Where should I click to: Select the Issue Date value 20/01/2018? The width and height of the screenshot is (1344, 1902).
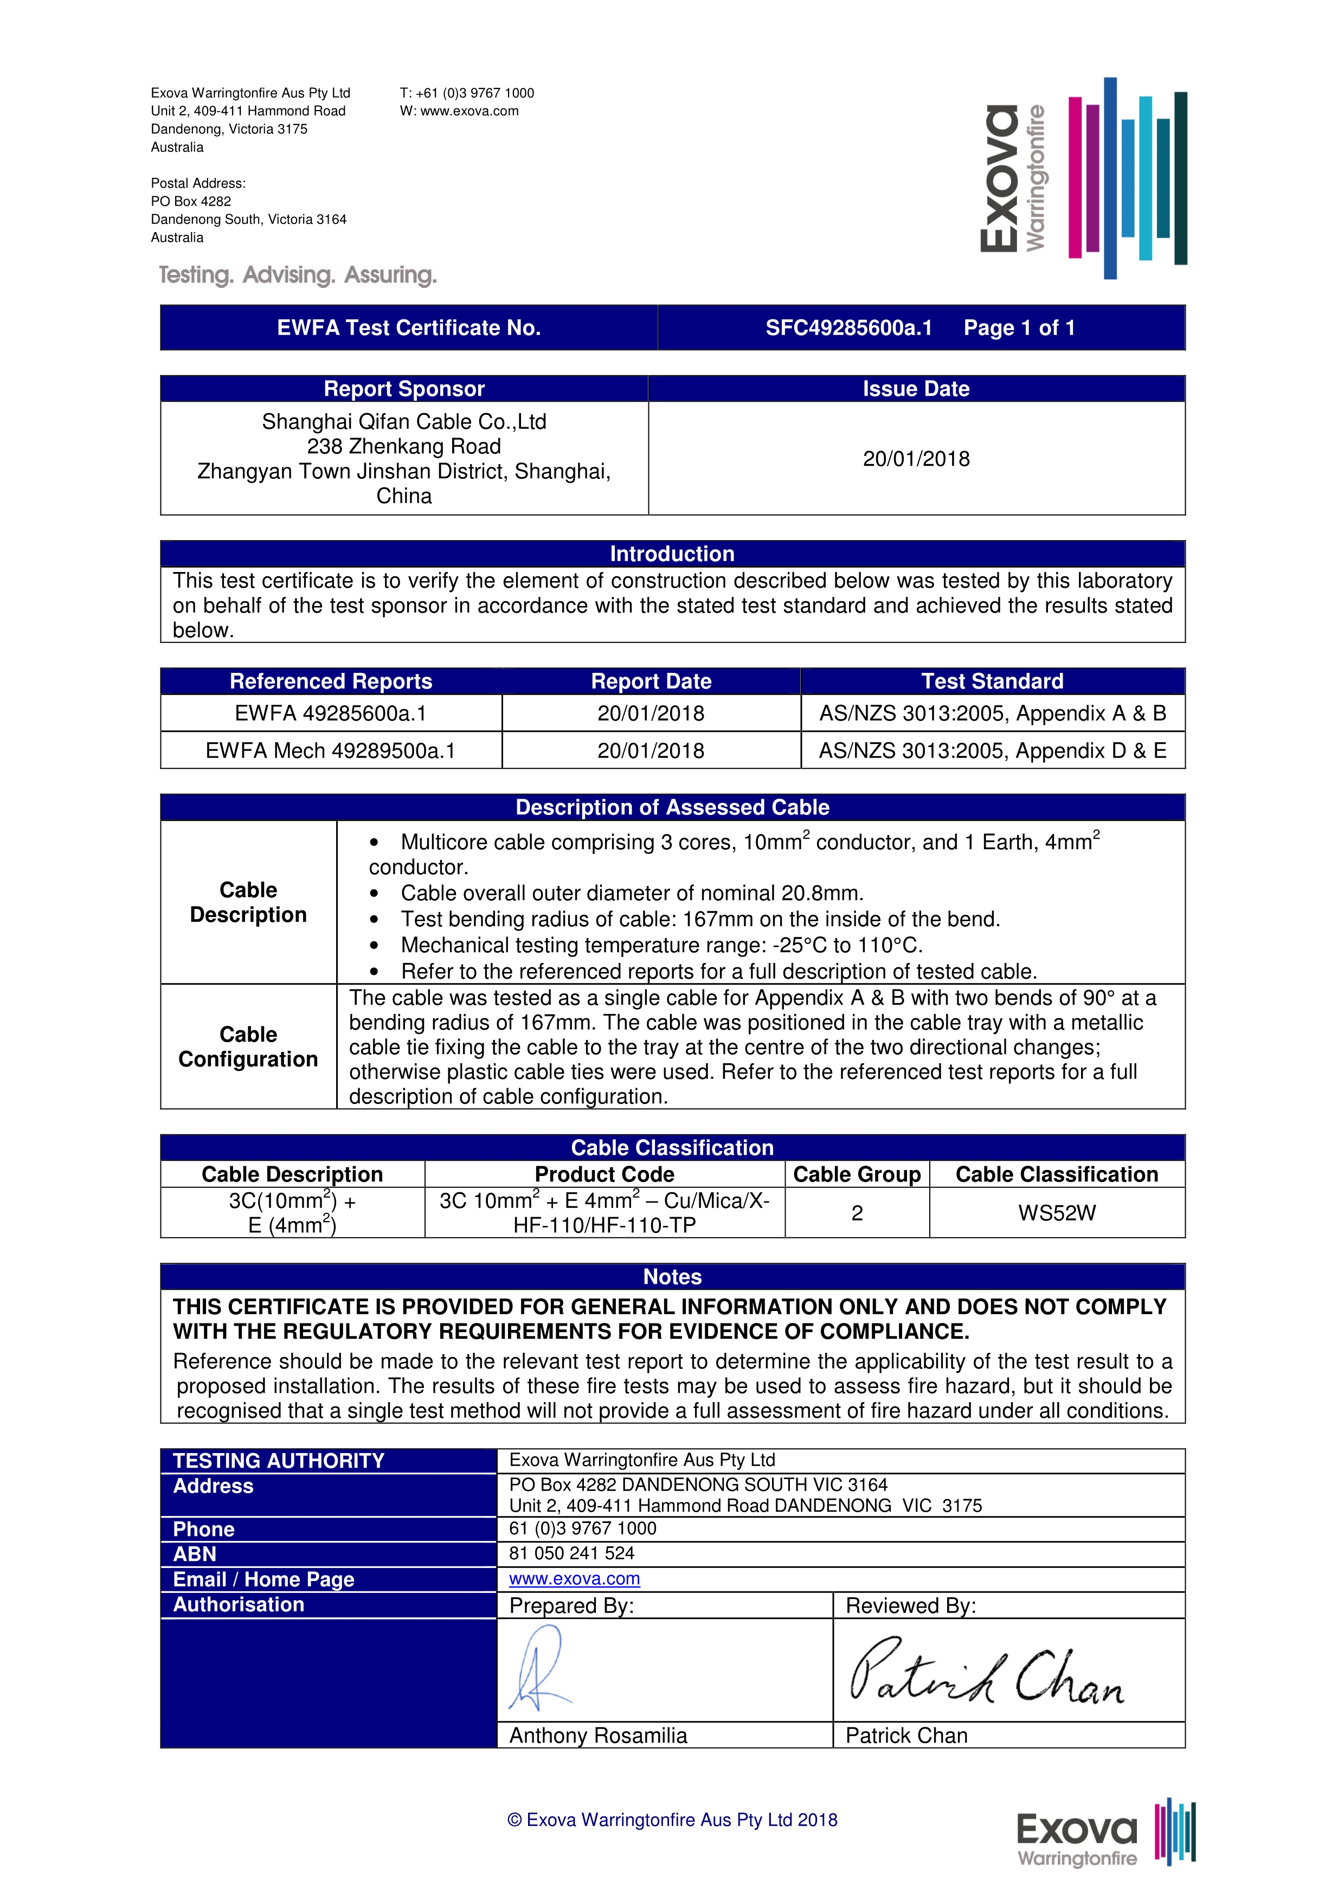coord(916,459)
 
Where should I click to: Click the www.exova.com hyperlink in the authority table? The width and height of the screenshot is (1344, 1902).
coord(574,1579)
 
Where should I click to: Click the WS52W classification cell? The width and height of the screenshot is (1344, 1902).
coord(1057,1213)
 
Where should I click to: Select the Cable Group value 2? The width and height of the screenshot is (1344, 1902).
coord(857,1213)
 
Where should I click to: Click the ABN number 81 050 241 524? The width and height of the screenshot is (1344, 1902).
coord(571,1553)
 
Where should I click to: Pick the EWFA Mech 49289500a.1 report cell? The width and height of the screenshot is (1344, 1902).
coord(330,750)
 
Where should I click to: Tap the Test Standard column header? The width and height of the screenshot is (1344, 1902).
coord(992,681)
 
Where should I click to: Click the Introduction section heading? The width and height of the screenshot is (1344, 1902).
coord(672,554)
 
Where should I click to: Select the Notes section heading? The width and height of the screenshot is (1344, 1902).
coord(672,1276)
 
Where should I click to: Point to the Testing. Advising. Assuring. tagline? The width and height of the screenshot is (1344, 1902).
coord(297,275)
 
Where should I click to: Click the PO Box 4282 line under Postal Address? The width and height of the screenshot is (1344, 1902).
coord(191,201)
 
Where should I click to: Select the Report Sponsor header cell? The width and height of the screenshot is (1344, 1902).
coord(403,389)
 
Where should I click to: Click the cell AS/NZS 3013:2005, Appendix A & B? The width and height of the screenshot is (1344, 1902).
coord(992,714)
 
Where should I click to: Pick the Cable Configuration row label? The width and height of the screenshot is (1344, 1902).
coord(248,1046)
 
